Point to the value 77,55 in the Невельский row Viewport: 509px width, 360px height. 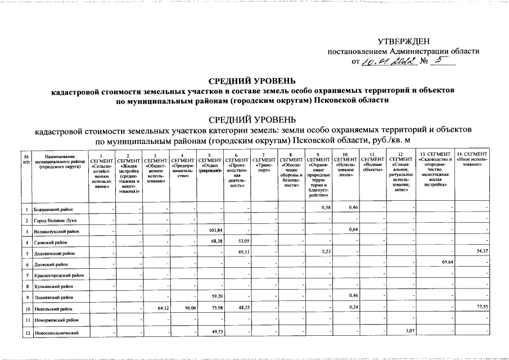click(x=482, y=308)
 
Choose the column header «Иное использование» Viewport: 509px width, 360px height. click(x=472, y=157)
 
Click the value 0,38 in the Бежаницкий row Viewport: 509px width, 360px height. click(x=325, y=208)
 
